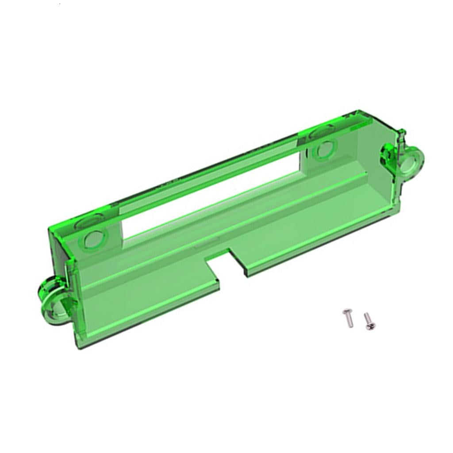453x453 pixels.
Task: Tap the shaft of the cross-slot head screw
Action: point(367,318)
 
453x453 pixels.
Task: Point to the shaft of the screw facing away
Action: point(349,321)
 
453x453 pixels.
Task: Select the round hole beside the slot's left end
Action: point(93,239)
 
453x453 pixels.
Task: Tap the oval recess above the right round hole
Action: point(322,131)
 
